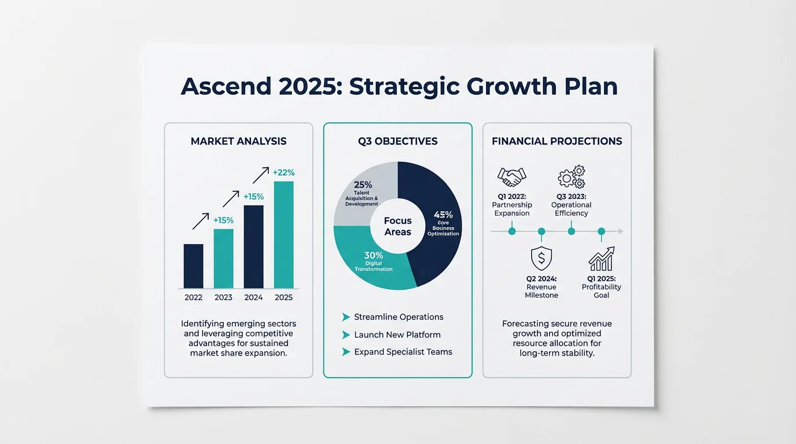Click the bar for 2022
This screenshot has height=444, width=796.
pyautogui.click(x=193, y=266)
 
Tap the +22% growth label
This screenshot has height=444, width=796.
pyautogui.click(x=283, y=172)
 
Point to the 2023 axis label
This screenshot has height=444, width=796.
pyautogui.click(x=223, y=298)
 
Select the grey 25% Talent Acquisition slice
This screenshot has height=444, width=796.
pyautogui.click(x=364, y=185)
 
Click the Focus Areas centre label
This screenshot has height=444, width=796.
pyautogui.click(x=398, y=227)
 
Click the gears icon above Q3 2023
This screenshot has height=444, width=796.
pyautogui.click(x=571, y=176)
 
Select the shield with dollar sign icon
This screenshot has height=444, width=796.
pyautogui.click(x=541, y=259)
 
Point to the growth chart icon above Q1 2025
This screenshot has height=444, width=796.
pyautogui.click(x=601, y=259)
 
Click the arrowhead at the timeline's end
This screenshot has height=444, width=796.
pyautogui.click(x=621, y=231)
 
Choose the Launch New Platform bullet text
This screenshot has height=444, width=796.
pyautogui.click(x=397, y=335)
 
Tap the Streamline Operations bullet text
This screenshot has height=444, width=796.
pyautogui.click(x=399, y=317)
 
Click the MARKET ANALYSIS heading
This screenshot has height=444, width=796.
pyautogui.click(x=238, y=141)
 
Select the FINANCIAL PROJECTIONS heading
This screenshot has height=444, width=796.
pyautogui.click(x=557, y=141)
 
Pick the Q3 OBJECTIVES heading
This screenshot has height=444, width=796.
pyautogui.click(x=397, y=141)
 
